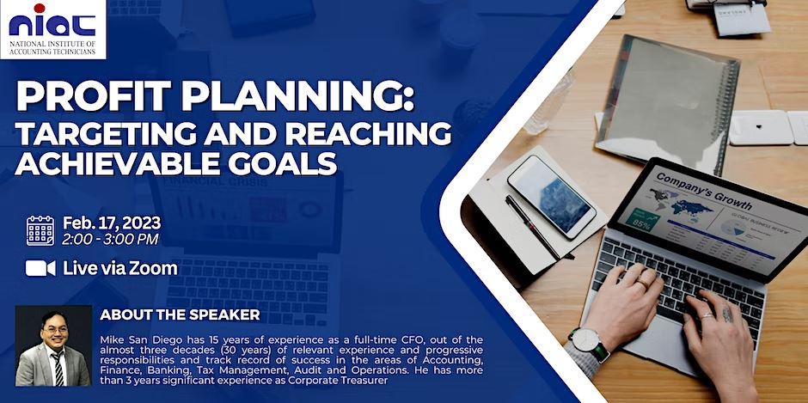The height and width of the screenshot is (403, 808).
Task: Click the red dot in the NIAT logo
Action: pos(40,9)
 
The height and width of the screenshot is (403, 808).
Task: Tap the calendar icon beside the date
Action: pos(40,231)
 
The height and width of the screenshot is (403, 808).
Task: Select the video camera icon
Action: pos(40,268)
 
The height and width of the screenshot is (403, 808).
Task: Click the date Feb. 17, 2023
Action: pos(112,223)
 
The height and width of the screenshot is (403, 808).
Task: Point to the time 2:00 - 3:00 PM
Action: pos(110,240)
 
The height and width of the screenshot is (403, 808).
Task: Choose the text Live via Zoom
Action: pos(120,268)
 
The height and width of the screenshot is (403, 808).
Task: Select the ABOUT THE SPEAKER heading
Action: pos(180,314)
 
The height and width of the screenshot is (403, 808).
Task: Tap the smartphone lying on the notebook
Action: pos(551,196)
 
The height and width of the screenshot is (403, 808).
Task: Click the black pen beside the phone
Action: pos(537,226)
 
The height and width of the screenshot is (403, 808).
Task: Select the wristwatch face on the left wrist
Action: pos(587,340)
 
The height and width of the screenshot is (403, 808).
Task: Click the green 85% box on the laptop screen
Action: pos(641,220)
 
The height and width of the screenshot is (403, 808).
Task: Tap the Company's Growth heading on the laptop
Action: pos(703,192)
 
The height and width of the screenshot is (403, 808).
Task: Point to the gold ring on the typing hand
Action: pos(642,282)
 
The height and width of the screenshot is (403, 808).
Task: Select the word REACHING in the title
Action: pos(369,133)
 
